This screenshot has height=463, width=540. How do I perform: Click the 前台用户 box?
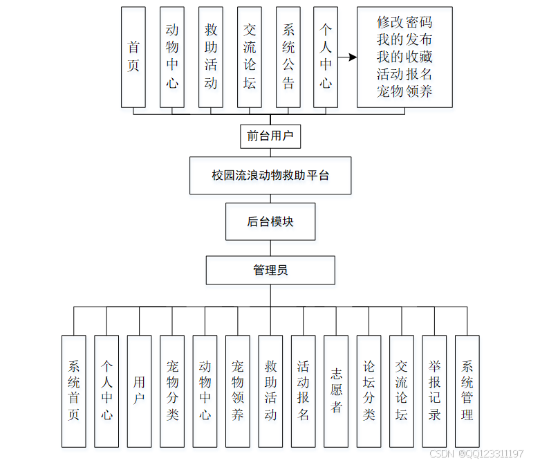[270, 136]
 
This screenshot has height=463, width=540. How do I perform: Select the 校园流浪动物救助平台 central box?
[270, 175]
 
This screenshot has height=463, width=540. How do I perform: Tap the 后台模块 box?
[270, 221]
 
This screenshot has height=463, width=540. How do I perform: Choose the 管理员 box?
[270, 270]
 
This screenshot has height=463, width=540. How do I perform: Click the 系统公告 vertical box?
[288, 57]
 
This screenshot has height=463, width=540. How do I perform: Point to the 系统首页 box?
[73, 390]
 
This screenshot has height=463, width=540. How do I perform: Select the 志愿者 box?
[336, 390]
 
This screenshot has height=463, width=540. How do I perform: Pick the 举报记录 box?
[434, 390]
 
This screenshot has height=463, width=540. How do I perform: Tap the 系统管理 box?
[467, 390]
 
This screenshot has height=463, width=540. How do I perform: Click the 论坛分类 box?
[369, 390]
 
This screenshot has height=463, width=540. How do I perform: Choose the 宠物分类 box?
[172, 390]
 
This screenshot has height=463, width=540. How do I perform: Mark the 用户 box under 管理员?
[139, 390]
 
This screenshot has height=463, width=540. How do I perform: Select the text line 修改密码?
[404, 21]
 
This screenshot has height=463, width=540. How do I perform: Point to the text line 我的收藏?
[404, 56]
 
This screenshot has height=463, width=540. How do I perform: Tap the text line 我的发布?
[404, 39]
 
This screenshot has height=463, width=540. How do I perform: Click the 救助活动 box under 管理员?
[270, 390]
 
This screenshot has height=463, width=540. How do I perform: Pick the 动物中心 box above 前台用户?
[172, 57]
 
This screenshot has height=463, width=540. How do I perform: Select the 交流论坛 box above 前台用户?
[250, 57]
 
